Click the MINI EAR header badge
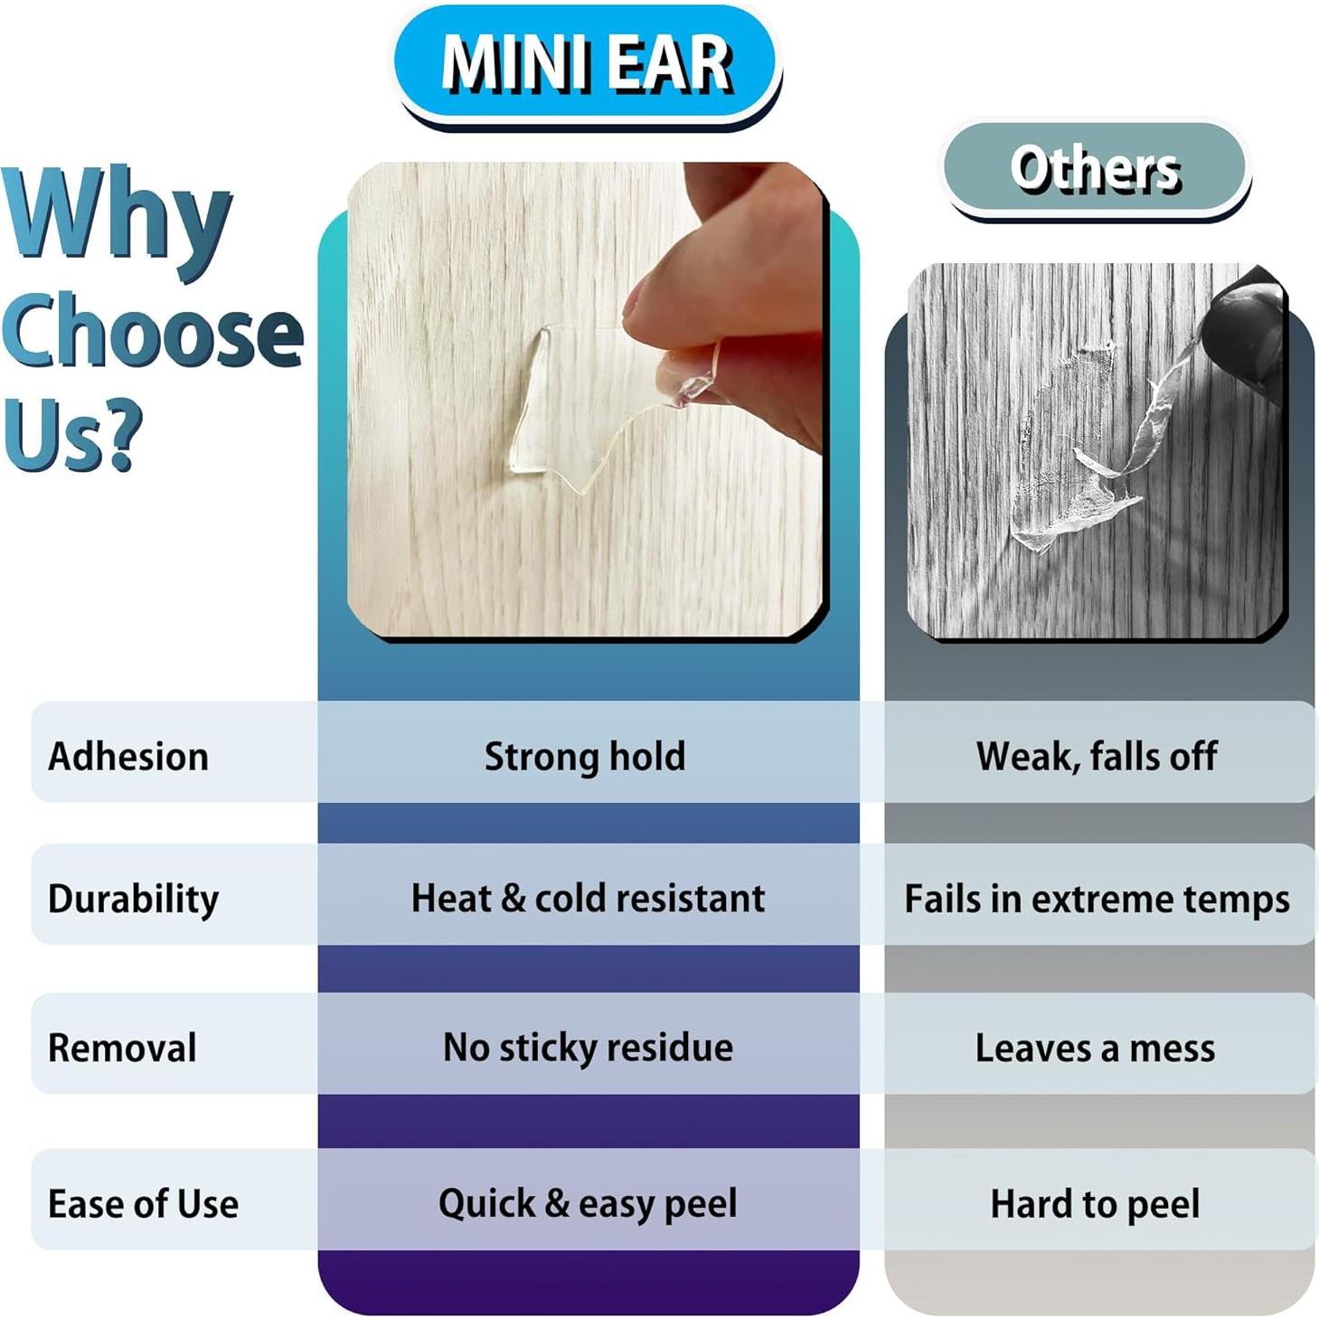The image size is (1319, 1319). [586, 64]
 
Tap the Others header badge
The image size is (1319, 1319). [1095, 168]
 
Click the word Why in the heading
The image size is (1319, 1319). [118, 219]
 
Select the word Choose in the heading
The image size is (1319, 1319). [152, 331]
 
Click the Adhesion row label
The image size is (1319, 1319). [128, 756]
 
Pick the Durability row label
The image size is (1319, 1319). [133, 898]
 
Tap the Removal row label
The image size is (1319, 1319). [122, 1048]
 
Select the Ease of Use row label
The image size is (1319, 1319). [143, 1203]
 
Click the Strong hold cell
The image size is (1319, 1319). [585, 756]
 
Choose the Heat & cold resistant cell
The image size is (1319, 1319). [588, 898]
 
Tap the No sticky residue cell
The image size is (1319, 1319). [588, 1047]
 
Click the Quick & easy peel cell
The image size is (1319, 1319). [588, 1203]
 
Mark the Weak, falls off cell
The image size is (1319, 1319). [1097, 756]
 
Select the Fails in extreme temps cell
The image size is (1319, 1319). [1097, 899]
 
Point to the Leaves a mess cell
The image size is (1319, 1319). [1095, 1048]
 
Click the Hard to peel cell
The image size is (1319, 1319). [1095, 1203]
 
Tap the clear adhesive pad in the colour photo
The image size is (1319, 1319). [579, 407]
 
